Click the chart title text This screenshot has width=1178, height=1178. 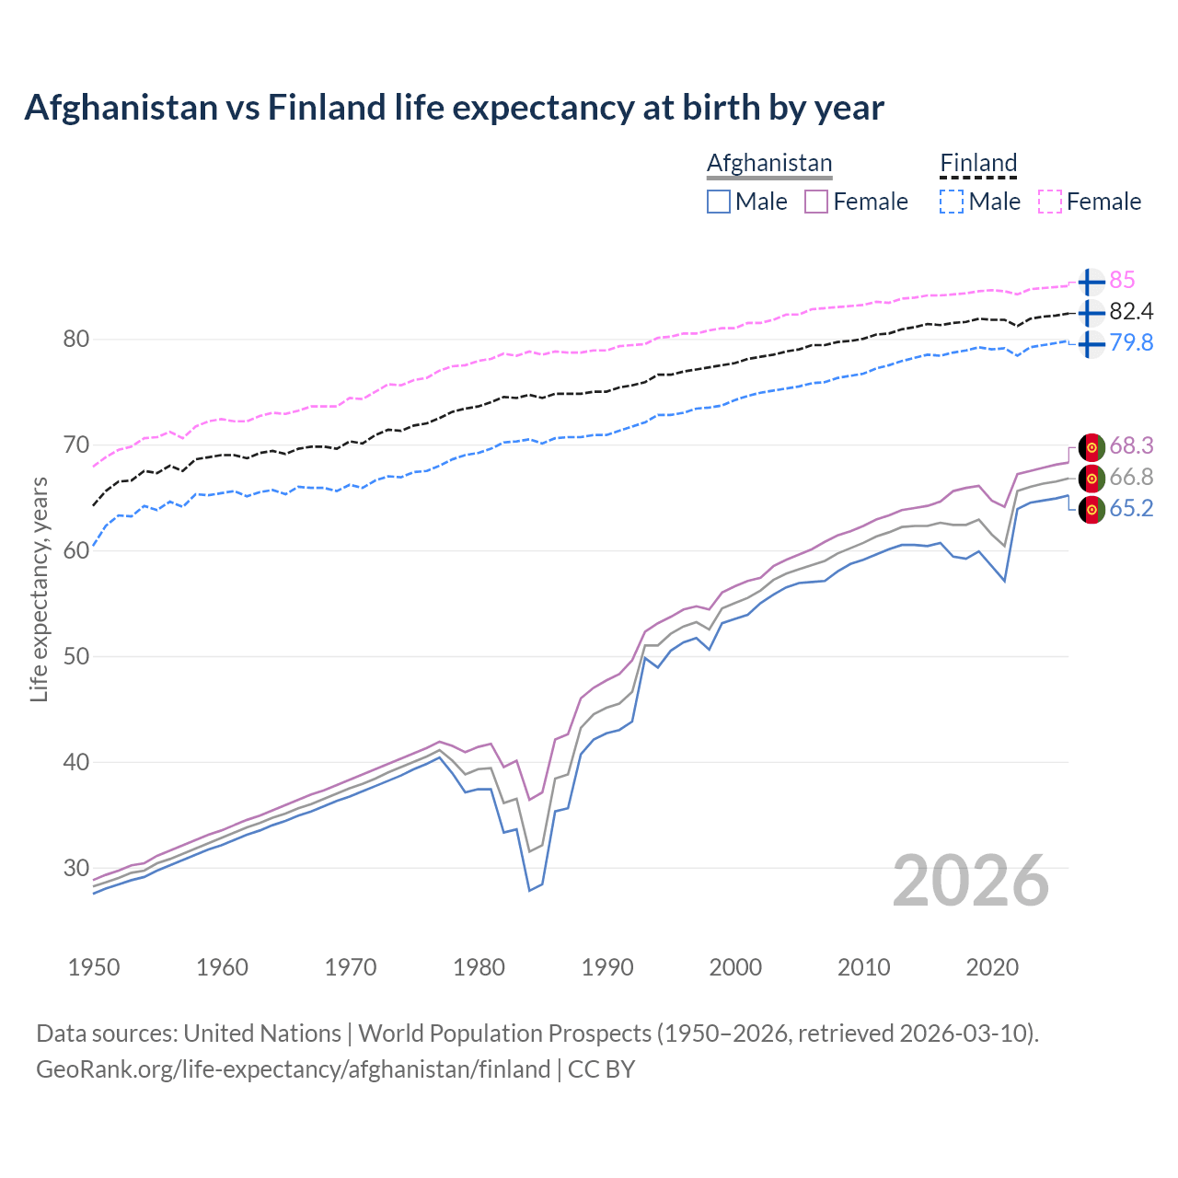454,108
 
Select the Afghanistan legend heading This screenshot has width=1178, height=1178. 769,163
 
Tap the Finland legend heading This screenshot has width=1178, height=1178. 978,163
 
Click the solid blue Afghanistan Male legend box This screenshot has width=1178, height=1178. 719,202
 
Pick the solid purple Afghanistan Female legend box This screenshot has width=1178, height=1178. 816,202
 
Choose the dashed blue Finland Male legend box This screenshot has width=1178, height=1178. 952,202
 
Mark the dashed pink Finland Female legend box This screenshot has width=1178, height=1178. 1050,202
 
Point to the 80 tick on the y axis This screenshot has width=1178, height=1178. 75,339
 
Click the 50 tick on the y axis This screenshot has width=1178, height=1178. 75,656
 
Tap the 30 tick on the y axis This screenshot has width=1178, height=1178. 75,868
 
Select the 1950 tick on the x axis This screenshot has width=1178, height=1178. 94,967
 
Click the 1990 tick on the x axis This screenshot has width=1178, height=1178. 607,967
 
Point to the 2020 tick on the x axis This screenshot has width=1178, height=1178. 992,967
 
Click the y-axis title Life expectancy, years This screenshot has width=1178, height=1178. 39,589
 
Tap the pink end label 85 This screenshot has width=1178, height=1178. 1122,280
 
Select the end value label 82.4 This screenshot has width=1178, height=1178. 1131,311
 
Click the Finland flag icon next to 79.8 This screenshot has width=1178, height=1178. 1091,344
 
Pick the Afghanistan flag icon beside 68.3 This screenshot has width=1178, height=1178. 1091,446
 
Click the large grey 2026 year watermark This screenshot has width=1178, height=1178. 971,881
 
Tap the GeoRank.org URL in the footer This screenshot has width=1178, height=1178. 293,1069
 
